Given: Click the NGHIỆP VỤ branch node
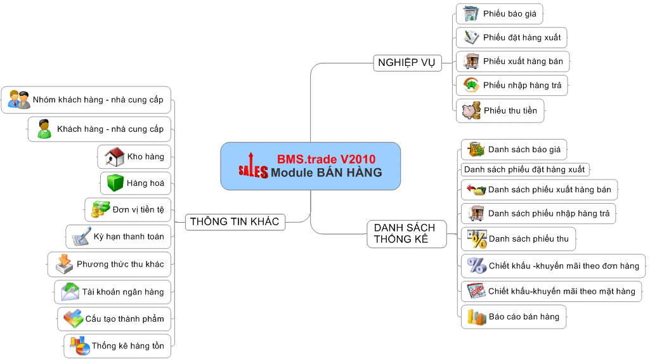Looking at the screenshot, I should tap(406, 63).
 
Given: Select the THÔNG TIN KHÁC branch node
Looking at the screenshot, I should tap(235, 221).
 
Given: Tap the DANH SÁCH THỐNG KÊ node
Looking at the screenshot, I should tap(405, 233).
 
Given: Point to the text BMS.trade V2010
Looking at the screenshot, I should tap(326, 159).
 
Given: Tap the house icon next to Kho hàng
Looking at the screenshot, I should tap(114, 156).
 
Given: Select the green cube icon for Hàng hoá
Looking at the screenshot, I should tap(115, 183).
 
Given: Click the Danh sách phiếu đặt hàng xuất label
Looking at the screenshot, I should tap(524, 169).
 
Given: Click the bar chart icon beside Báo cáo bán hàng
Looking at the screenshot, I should tap(476, 316).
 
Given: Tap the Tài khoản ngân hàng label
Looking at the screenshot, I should tap(122, 292).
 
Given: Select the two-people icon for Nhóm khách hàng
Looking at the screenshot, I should tap(19, 100).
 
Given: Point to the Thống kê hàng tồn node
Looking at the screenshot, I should tap(117, 346).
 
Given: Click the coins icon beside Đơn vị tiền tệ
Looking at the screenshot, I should tap(100, 209).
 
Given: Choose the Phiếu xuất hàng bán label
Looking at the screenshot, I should tap(523, 62).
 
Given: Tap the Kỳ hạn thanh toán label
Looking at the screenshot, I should tap(128, 237).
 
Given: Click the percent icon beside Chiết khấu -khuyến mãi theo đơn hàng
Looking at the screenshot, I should tap(476, 265).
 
